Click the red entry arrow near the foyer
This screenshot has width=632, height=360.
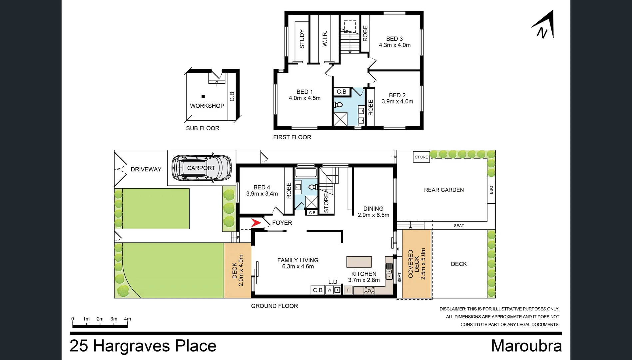pyautogui.click(x=256, y=223)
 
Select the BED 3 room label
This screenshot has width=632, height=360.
pyautogui.click(x=394, y=39)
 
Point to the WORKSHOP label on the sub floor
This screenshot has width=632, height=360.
pyautogui.click(x=207, y=106)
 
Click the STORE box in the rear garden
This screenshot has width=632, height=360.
pyautogui.click(x=421, y=157)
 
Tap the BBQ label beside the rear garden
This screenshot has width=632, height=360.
pyautogui.click(x=491, y=190)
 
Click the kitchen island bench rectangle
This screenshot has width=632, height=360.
pyautogui.click(x=359, y=262)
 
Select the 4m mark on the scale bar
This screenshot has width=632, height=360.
pyautogui.click(x=127, y=319)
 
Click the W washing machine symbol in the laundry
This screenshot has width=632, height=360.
pyautogui.click(x=329, y=290)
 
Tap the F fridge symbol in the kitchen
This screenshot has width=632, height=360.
pyautogui.click(x=348, y=290)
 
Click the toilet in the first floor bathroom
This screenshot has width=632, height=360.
pyautogui.click(x=338, y=105)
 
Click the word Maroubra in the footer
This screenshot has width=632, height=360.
pyautogui.click(x=526, y=346)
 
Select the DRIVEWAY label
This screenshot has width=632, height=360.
pyautogui.click(x=146, y=169)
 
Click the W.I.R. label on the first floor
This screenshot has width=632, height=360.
pyautogui.click(x=325, y=39)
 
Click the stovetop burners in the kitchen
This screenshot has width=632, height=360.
pyautogui.click(x=369, y=290)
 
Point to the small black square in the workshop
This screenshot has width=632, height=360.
pyautogui.click(x=203, y=97)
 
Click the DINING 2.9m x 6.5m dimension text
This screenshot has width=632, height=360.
pyautogui.click(x=373, y=215)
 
